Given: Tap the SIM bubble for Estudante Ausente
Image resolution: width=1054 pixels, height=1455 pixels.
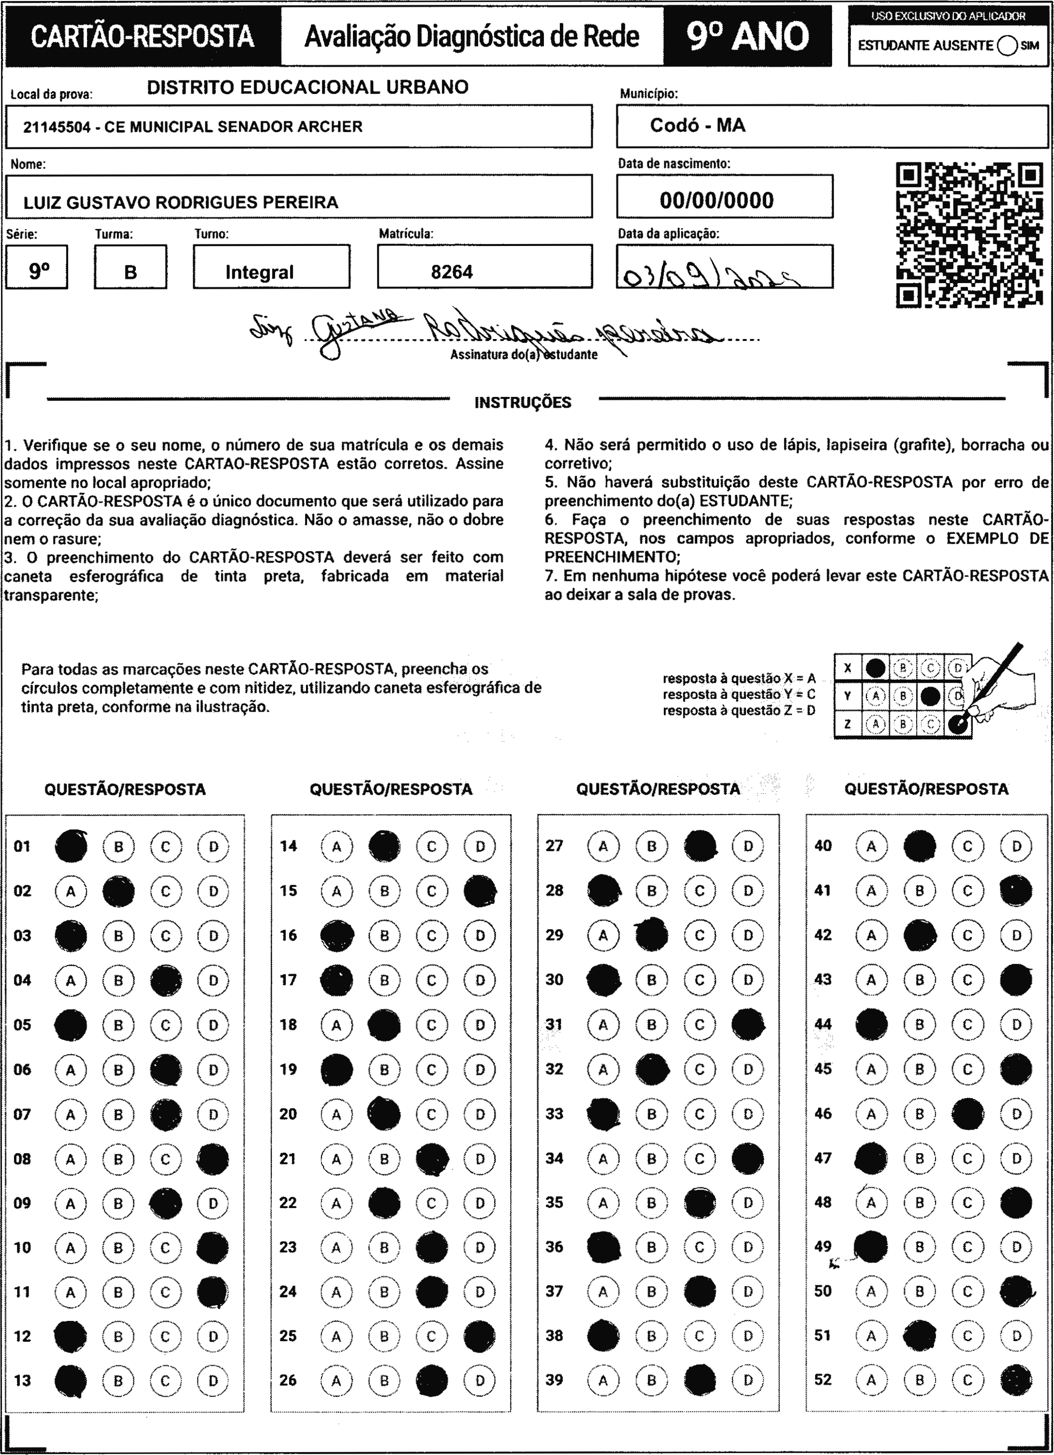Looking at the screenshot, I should point(1007,46).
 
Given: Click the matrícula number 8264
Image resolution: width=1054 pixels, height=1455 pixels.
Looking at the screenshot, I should point(452,272).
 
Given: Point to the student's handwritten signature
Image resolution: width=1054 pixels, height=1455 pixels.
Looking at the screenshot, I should point(488,331).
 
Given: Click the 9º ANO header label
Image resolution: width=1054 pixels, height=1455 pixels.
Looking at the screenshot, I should point(747,36).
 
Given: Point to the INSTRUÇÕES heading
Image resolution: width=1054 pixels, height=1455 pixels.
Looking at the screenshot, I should point(523,403).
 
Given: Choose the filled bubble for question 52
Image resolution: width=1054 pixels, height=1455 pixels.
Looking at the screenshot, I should point(1015,1380).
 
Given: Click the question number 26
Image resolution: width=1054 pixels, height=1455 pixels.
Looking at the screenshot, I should point(289,1380).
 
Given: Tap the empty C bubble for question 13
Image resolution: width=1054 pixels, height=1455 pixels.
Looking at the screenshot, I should point(165,1381).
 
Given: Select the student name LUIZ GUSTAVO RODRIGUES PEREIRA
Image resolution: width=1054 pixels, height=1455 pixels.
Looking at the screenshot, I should point(181,202).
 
